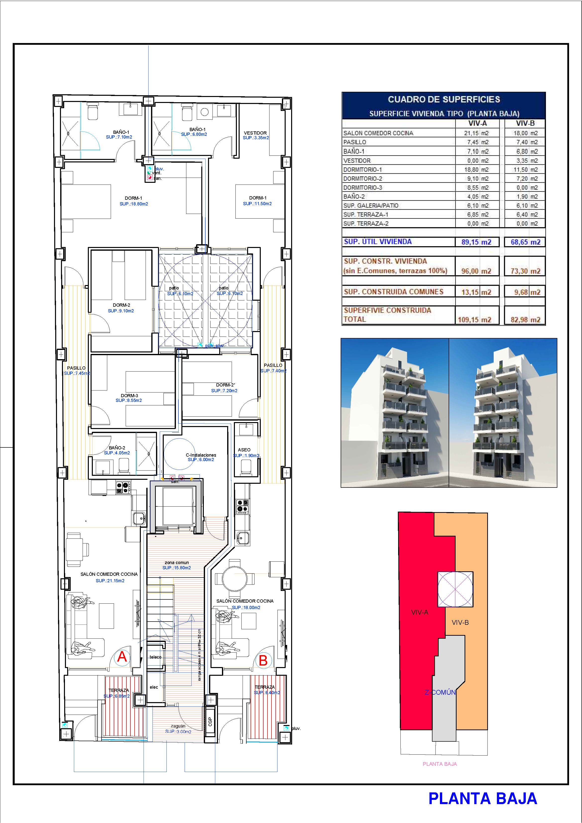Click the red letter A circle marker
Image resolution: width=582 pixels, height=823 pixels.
[x=122, y=657]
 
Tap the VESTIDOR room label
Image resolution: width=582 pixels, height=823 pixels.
[x=255, y=133]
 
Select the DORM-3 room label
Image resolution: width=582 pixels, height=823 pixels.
[x=129, y=396]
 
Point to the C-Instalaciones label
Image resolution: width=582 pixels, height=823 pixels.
[x=201, y=455]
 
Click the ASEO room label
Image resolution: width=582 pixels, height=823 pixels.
[x=244, y=449]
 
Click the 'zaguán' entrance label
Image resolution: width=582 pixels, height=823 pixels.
[x=178, y=726]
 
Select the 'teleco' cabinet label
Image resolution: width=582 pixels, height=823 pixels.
[x=155, y=657]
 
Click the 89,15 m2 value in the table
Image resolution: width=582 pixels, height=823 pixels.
[x=476, y=242]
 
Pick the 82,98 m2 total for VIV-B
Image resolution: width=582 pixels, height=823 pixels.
[x=525, y=320]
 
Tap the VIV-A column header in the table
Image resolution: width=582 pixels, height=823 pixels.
[x=477, y=123]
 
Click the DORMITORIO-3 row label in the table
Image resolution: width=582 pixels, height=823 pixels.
[x=363, y=188]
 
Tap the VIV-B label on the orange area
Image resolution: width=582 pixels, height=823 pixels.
[x=460, y=623]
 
